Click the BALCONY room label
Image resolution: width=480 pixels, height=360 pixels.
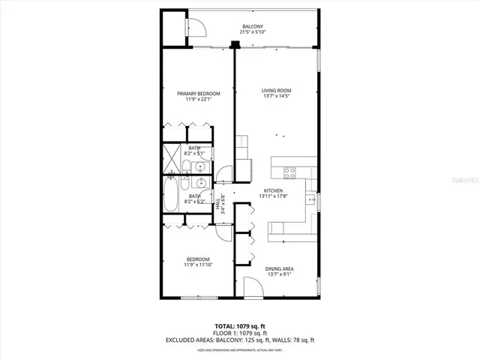252,26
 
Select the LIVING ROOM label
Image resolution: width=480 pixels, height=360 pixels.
277,90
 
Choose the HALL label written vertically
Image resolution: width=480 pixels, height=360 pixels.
218,203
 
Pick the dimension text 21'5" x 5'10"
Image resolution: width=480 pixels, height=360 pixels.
252,32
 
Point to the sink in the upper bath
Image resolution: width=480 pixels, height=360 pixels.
196,166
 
